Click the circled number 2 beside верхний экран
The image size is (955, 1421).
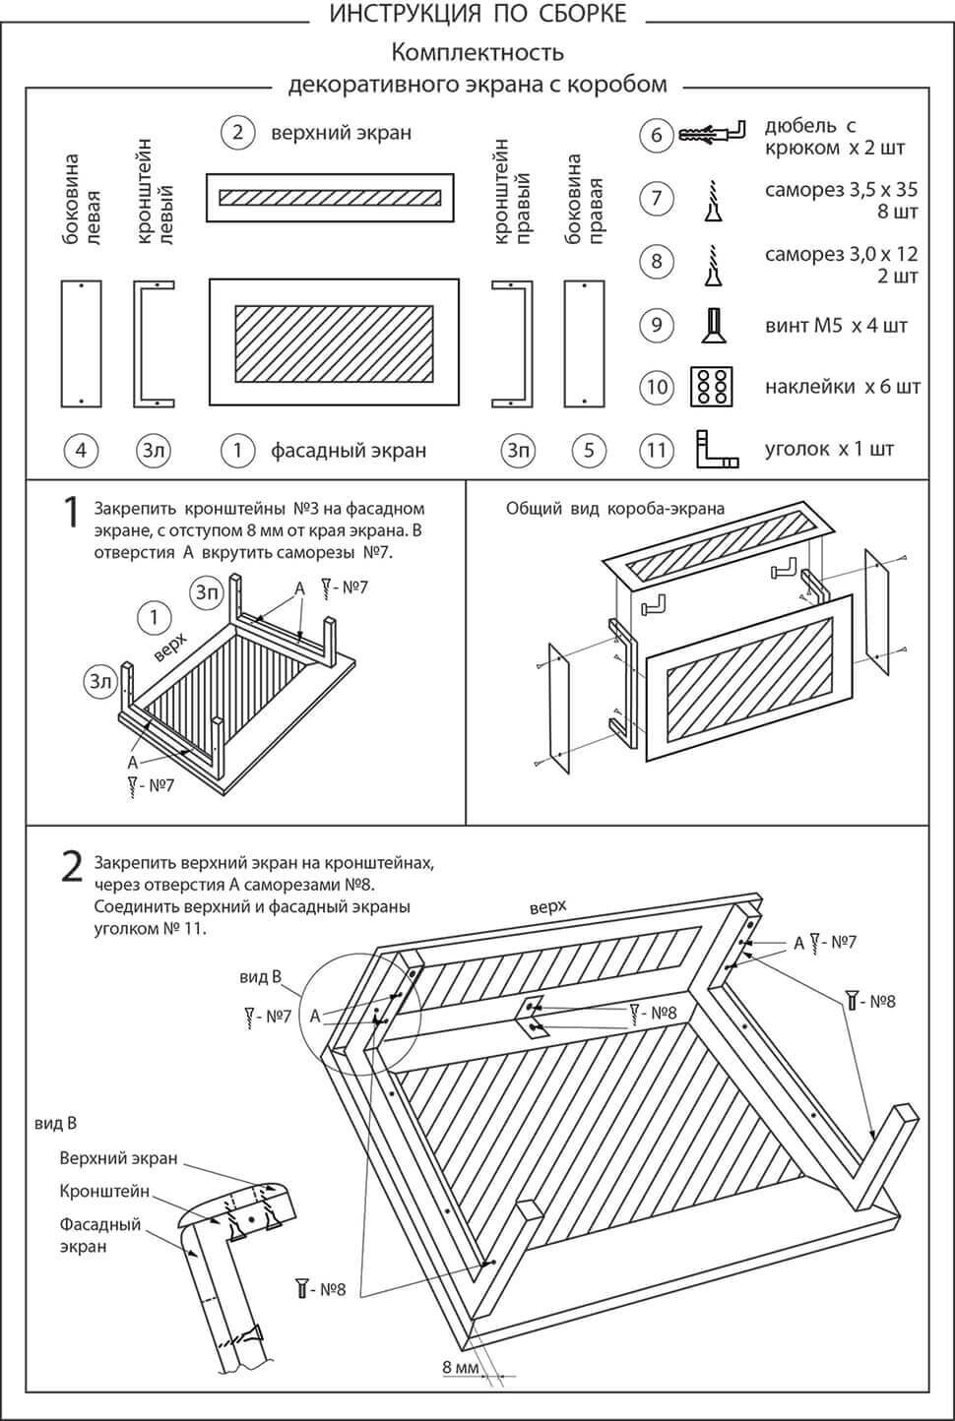[238, 132]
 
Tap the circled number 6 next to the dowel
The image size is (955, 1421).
[657, 135]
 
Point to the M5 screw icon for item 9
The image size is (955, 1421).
[711, 326]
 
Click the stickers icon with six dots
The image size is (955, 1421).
[710, 387]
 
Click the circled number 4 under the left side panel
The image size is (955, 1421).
[81, 451]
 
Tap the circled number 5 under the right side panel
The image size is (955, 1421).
[589, 451]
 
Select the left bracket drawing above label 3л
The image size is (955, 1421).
[154, 342]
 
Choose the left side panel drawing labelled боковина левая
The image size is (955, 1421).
[81, 342]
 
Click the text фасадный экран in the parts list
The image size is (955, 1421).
[349, 451]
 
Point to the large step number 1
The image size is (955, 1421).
[71, 513]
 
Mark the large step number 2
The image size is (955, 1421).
[72, 866]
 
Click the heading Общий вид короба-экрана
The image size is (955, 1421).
[615, 509]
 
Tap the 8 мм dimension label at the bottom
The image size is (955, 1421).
[460, 1367]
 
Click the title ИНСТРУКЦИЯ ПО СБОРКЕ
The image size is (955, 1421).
[477, 14]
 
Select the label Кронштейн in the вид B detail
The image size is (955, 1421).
[104, 1192]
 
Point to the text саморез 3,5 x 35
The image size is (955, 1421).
[841, 190]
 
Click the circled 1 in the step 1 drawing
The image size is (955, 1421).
[155, 618]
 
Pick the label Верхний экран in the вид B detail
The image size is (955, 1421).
[118, 1158]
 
